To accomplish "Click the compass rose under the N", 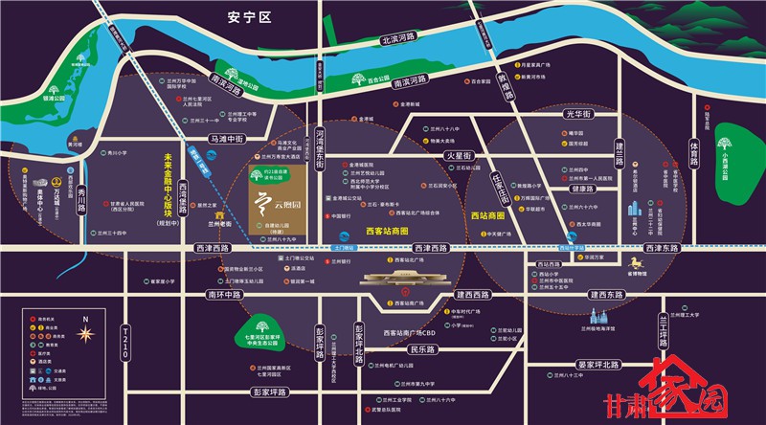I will tap(85, 335).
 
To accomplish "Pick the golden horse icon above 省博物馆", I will tap(636, 261).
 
